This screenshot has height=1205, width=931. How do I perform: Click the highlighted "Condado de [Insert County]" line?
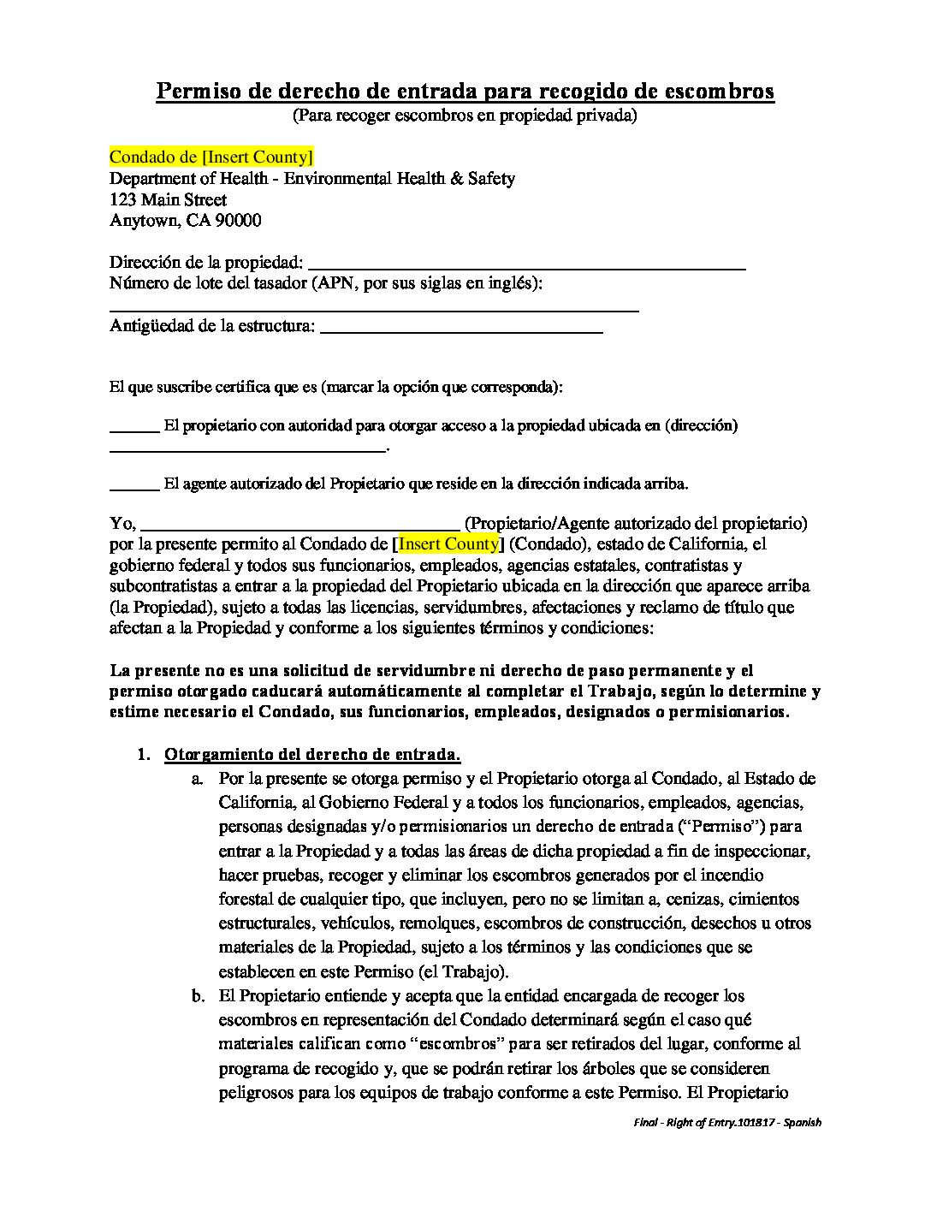tap(211, 157)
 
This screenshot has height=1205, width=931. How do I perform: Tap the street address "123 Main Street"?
tap(169, 199)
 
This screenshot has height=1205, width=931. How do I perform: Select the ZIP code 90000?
tap(239, 220)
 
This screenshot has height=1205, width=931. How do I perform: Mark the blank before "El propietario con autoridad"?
tap(134, 428)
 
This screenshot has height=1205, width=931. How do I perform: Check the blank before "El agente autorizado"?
tap(134, 487)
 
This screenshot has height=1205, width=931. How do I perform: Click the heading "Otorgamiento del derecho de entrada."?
tap(312, 754)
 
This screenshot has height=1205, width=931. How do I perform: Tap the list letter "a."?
tap(197, 779)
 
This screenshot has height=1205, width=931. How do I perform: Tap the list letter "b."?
tap(197, 996)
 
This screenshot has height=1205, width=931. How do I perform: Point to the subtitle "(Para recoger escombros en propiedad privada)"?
tap(465, 115)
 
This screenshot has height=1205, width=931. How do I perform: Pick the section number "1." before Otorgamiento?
tap(145, 754)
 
